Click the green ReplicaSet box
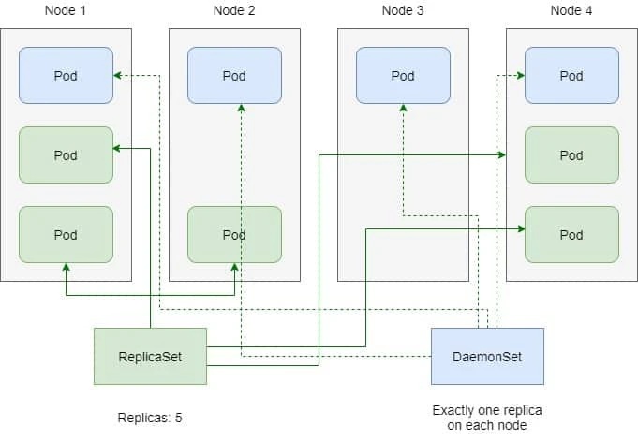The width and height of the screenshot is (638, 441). tap(150, 356)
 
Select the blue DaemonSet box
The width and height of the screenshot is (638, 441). tap(487, 356)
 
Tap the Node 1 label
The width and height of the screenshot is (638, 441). tap(66, 10)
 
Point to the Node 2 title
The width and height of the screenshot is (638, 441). tap(234, 10)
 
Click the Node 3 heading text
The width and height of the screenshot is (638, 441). tap(403, 10)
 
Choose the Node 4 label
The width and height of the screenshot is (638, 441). tap(571, 10)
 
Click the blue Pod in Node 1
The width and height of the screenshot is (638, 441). tap(66, 76)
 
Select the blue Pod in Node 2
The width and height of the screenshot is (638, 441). tap(234, 76)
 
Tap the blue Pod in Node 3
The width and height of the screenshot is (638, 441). tap(403, 76)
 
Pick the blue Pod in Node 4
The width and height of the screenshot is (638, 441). tap(571, 76)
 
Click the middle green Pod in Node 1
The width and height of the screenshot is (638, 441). tap(66, 155)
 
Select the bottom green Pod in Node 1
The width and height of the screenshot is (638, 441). tap(66, 235)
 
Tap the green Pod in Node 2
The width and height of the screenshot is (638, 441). tap(234, 235)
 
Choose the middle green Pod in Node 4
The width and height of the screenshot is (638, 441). tap(571, 155)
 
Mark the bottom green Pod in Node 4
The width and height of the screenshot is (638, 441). tap(571, 235)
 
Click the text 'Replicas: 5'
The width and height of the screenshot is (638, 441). tap(150, 418)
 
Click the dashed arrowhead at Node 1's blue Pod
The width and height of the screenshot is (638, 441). tap(118, 76)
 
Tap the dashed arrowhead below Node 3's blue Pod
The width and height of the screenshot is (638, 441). tap(403, 110)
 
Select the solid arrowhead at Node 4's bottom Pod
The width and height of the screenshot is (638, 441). tap(519, 226)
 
